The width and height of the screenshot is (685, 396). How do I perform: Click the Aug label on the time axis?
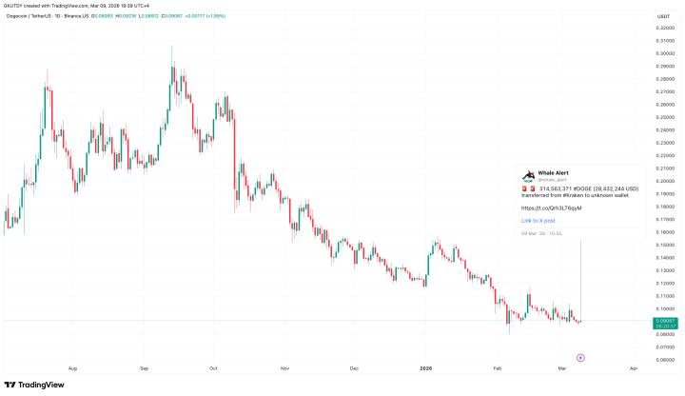pyautogui.click(x=73, y=366)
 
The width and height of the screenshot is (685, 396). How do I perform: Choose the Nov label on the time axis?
pyautogui.click(x=284, y=366)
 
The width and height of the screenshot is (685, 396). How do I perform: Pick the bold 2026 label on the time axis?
pyautogui.click(x=425, y=366)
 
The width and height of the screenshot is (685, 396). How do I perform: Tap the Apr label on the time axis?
pyautogui.click(x=634, y=366)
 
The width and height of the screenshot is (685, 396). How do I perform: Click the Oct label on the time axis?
pyautogui.click(x=213, y=366)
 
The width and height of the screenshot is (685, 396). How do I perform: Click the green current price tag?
pyautogui.click(x=664, y=324)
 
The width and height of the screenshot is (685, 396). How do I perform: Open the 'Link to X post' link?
pyautogui.click(x=538, y=220)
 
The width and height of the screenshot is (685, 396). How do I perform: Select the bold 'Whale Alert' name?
pyautogui.click(x=554, y=172)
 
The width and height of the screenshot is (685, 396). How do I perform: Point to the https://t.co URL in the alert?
pyautogui.click(x=551, y=208)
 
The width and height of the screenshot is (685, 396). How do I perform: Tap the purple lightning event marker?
pyautogui.click(x=580, y=357)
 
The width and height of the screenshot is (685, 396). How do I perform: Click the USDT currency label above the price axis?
pyautogui.click(x=664, y=16)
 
